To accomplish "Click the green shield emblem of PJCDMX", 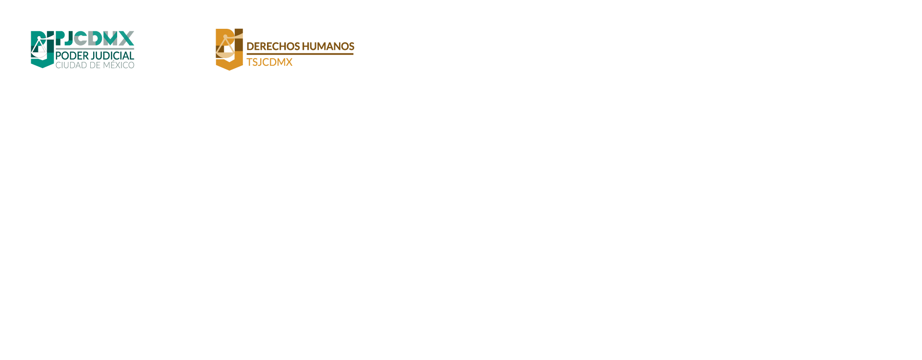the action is click(x=42, y=49).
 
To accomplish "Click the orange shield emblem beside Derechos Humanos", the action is click(x=229, y=49).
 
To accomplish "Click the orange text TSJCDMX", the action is click(x=269, y=62).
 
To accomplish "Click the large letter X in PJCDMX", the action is click(x=126, y=38).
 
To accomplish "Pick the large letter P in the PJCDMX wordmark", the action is click(x=61, y=38).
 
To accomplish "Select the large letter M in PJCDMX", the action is click(x=110, y=38).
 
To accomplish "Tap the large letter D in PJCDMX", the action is click(x=95, y=38).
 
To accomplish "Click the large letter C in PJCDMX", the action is click(x=80, y=38).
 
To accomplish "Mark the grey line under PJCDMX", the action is click(x=95, y=48).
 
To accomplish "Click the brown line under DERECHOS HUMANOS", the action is click(x=300, y=54).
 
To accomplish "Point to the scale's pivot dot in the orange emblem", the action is click(x=225, y=36).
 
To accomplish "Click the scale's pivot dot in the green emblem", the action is click(x=39, y=37).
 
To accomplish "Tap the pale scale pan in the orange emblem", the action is click(x=225, y=55).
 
